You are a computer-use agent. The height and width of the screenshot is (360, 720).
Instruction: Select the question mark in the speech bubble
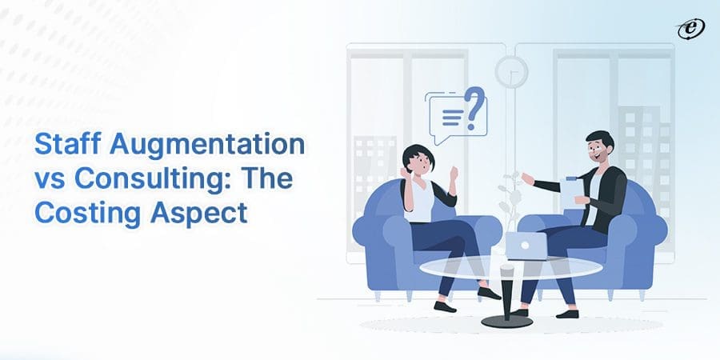click(x=474, y=110)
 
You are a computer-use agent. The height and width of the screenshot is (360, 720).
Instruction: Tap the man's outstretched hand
click(x=527, y=178)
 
